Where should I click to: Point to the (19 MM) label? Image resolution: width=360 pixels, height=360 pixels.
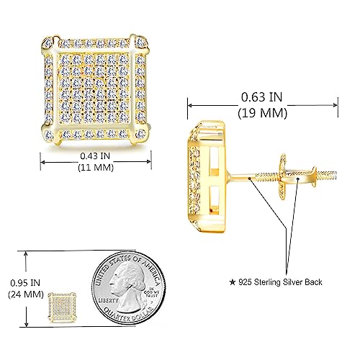point(264,112)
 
